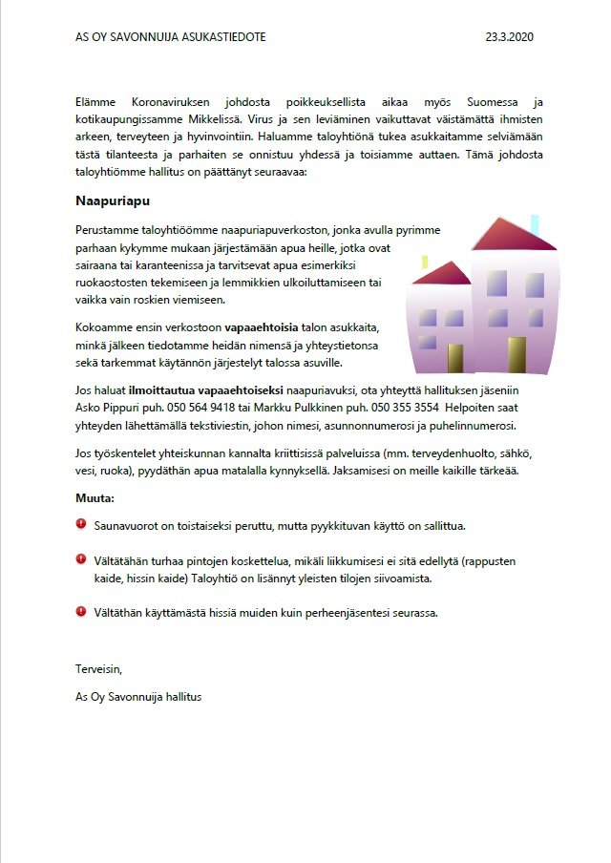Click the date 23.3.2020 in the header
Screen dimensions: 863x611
click(x=509, y=37)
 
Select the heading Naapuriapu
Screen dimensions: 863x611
click(x=113, y=202)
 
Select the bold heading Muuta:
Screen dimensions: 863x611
click(x=95, y=498)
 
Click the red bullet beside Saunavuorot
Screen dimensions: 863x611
click(x=81, y=524)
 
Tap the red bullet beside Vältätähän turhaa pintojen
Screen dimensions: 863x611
click(x=81, y=560)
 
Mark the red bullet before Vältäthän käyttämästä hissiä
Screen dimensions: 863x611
click(x=81, y=611)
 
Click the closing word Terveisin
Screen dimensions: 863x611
click(x=98, y=668)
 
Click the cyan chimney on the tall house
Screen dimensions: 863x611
click(x=535, y=225)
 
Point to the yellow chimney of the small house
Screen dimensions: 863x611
click(x=425, y=263)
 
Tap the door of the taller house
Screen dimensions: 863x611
click(x=516, y=355)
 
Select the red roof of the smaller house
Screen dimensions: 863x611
click(x=441, y=275)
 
